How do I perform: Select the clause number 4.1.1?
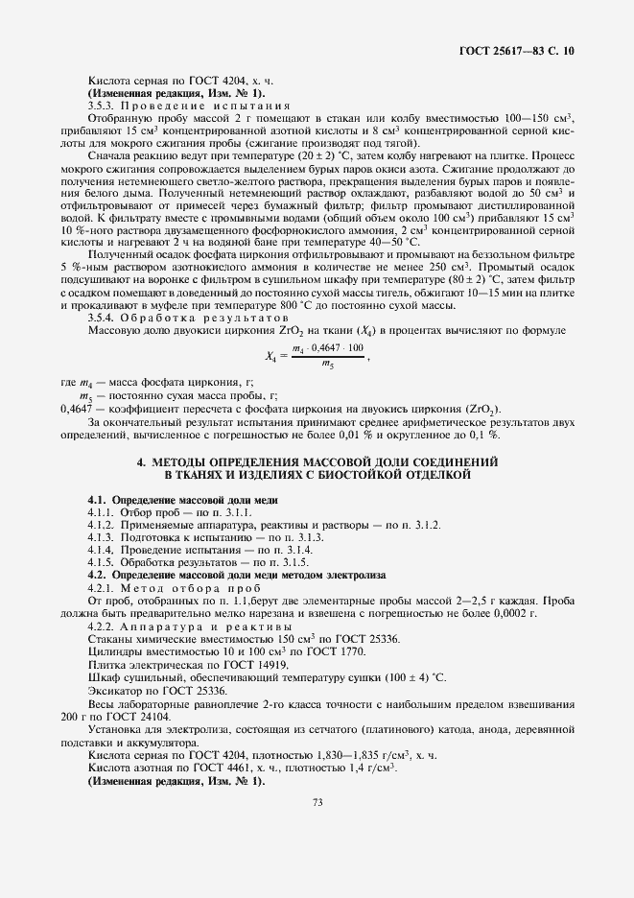102,513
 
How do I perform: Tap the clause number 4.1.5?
102,562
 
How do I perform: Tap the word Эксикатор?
114,691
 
